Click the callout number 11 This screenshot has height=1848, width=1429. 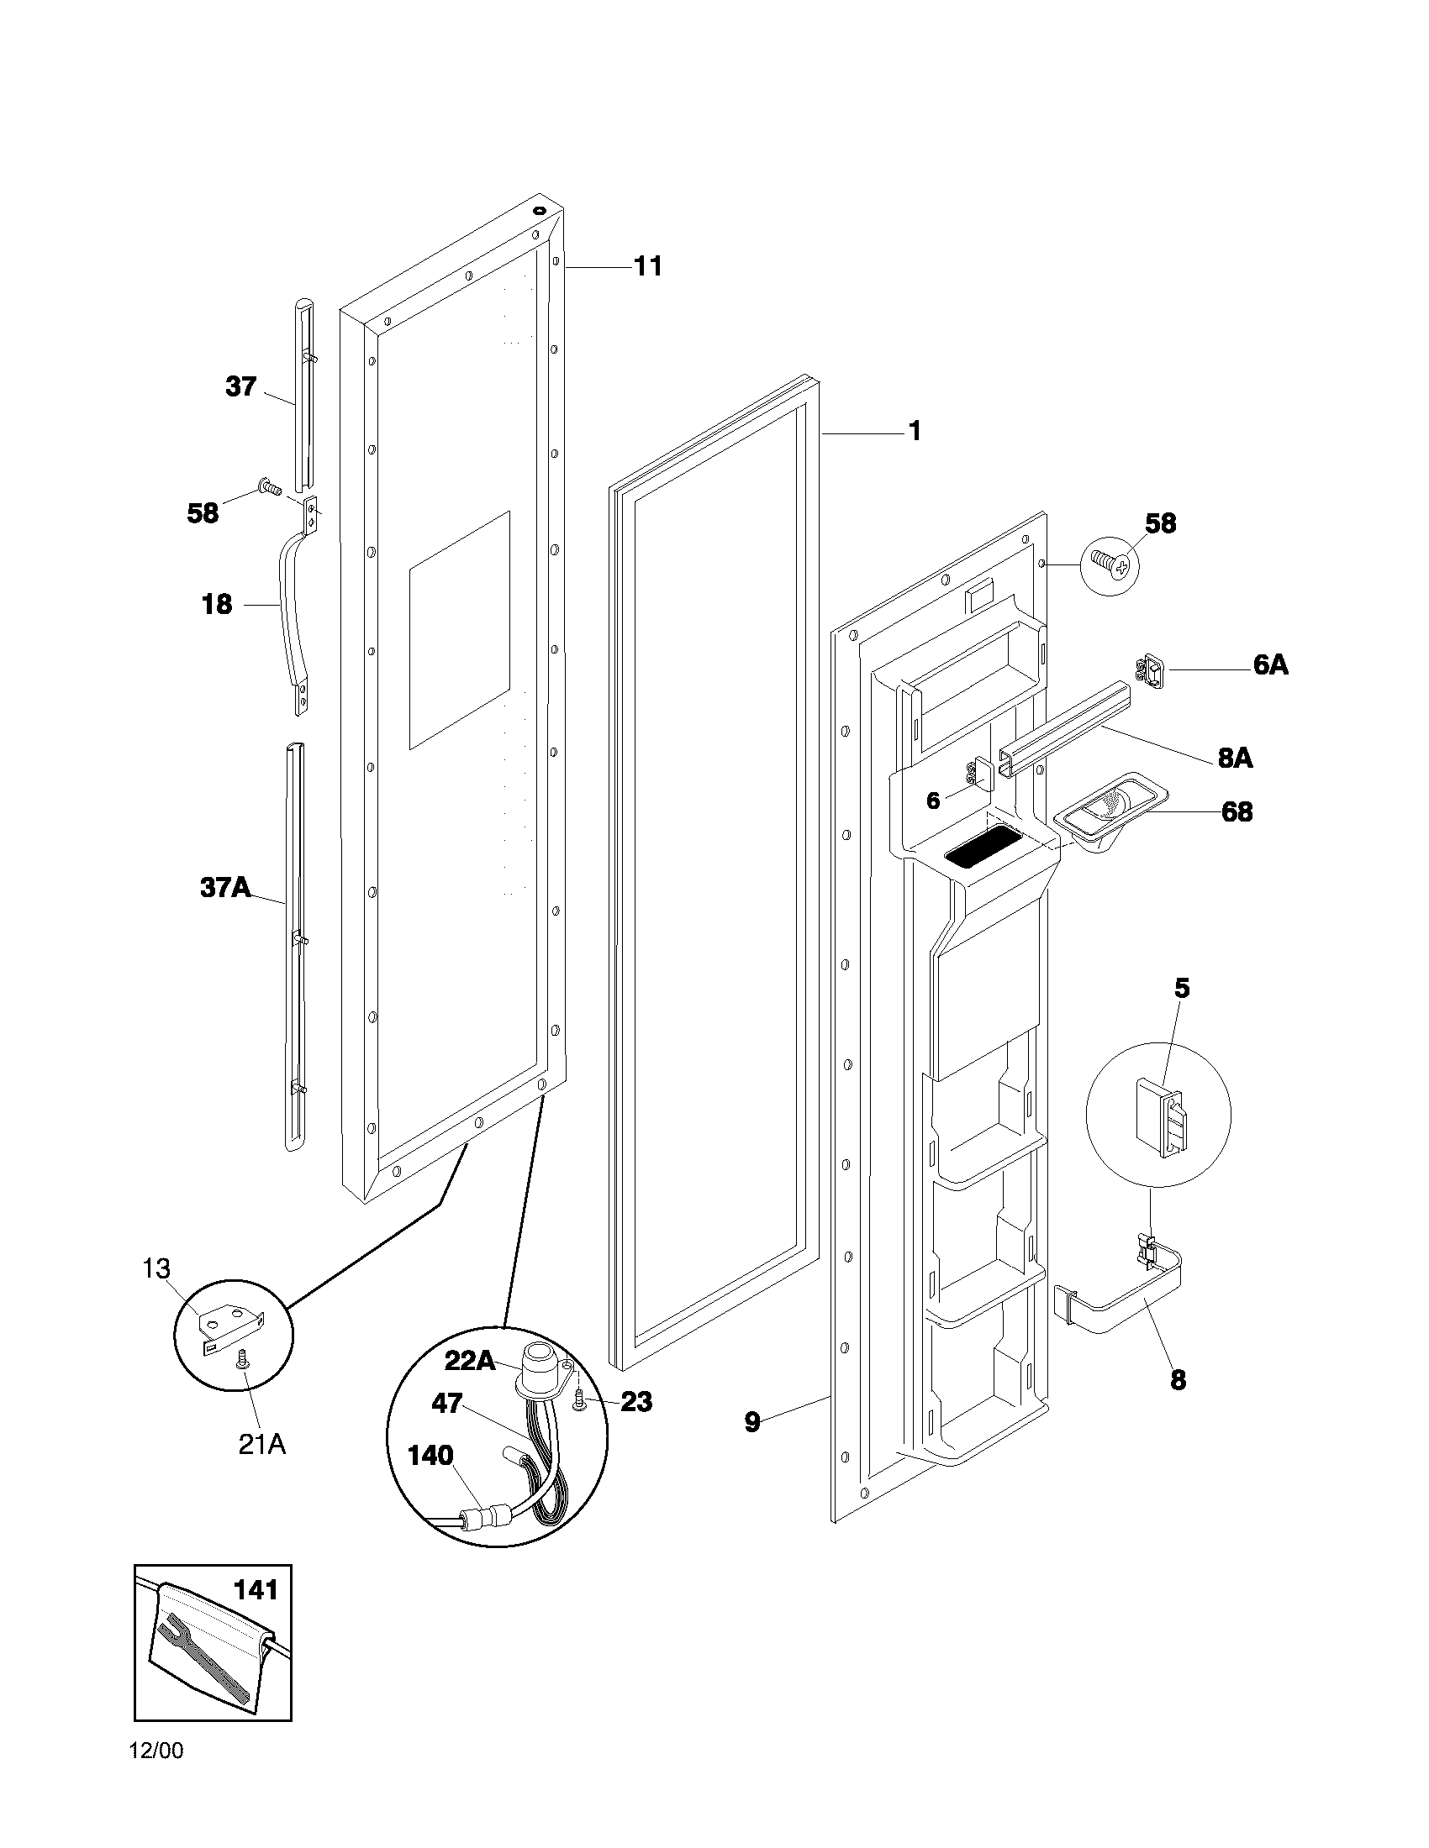[647, 266]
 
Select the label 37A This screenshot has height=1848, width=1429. [225, 888]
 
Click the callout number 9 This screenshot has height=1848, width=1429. [752, 1422]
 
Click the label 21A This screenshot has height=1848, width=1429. [261, 1445]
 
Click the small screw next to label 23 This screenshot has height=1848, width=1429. [580, 1404]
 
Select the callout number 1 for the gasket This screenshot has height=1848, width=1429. [915, 432]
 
